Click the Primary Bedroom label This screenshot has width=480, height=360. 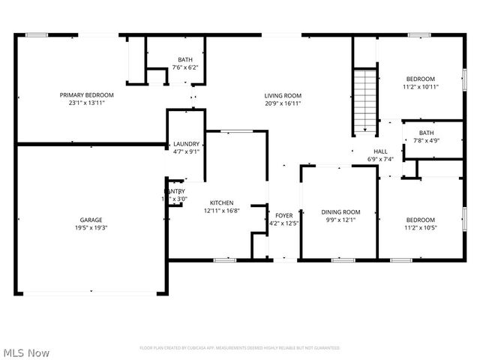[x=87, y=95]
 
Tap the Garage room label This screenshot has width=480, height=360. [x=91, y=220]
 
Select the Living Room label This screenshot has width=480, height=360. [x=283, y=95]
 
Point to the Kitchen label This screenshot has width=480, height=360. [x=221, y=202]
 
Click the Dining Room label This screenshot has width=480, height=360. [x=341, y=212]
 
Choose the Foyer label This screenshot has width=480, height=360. [x=283, y=215]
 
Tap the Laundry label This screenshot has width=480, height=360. [x=186, y=144]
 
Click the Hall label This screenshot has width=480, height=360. [x=380, y=151]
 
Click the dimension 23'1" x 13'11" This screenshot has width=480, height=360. [x=87, y=103]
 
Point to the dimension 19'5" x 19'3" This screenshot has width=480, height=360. [x=91, y=228]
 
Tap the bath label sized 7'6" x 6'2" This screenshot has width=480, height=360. [x=184, y=60]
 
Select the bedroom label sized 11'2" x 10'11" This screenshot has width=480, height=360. [x=420, y=79]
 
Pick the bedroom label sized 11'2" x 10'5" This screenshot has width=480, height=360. [x=420, y=220]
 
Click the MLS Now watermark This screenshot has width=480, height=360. [x=26, y=352]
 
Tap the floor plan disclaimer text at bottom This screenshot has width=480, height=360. [x=240, y=348]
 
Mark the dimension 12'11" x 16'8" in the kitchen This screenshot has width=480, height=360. [x=221, y=211]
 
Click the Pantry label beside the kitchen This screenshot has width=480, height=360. [x=175, y=191]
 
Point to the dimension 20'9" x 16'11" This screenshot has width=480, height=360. [x=283, y=103]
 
